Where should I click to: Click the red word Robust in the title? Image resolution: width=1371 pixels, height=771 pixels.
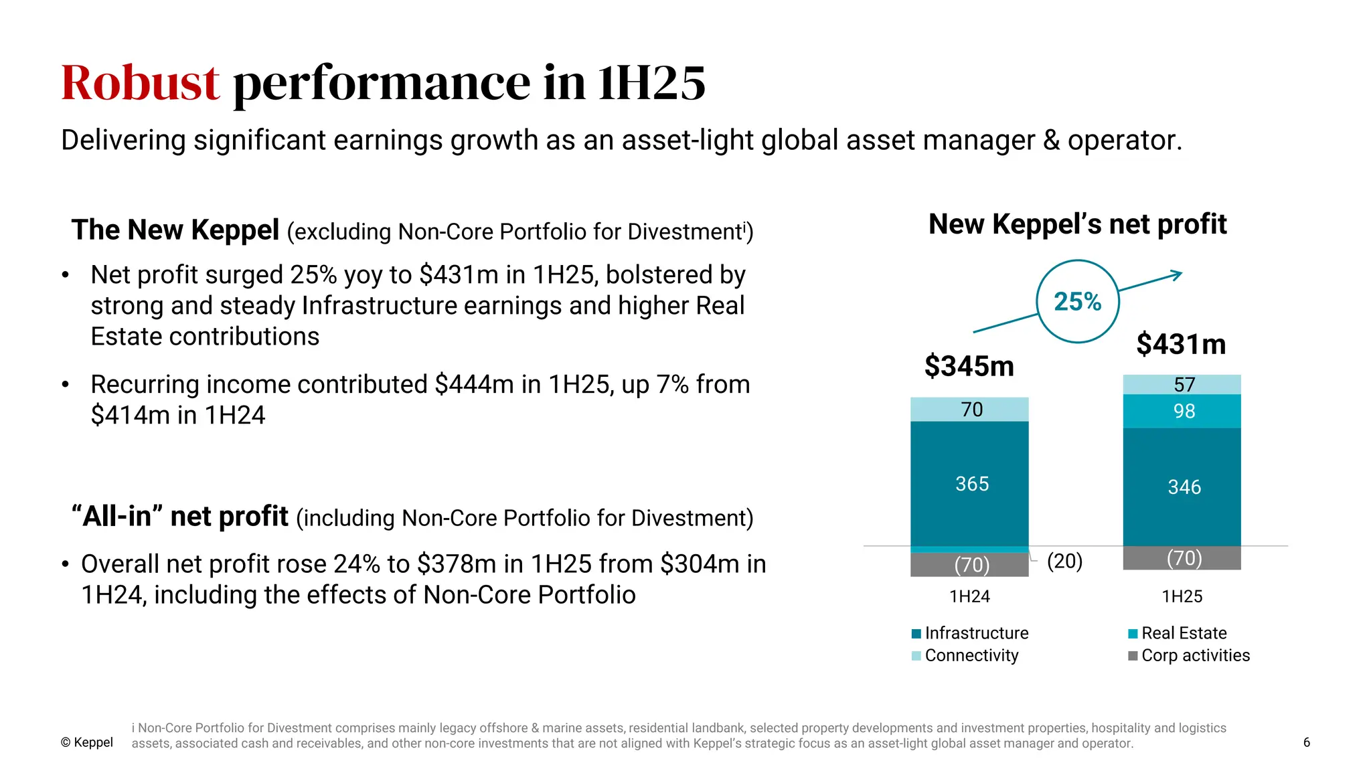coord(140,83)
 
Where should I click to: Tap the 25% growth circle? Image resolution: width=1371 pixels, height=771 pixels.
coord(1077,302)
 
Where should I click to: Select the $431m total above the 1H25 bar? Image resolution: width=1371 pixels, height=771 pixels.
coord(1181,344)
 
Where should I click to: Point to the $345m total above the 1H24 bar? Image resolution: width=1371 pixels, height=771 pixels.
coord(969,366)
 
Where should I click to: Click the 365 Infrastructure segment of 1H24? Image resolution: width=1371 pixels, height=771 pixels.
coord(971,484)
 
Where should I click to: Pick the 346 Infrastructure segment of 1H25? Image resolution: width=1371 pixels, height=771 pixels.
coord(1184,487)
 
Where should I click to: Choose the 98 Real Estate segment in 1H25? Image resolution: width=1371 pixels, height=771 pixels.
coord(1184,411)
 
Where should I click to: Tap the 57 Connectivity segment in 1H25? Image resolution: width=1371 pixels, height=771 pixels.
coord(1184,385)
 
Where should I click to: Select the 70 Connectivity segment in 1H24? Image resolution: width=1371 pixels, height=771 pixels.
coord(971,410)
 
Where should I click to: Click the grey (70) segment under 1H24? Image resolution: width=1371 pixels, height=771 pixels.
coord(971,565)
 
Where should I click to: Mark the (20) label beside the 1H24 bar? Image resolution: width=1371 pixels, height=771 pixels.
coord(1064,561)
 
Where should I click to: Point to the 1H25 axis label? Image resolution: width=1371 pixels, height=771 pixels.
coord(1182,596)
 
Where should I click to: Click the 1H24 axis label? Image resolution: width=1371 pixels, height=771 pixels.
coord(969,596)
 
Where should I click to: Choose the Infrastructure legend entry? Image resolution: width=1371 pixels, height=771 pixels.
coord(970,633)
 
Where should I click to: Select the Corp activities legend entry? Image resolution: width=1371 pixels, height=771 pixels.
coord(1189,655)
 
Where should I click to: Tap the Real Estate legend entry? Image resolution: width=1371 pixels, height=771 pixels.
coord(1178,633)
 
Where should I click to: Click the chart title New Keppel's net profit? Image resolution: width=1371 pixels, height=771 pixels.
coord(1077,224)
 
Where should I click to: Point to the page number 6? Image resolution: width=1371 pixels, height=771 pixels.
coord(1306,742)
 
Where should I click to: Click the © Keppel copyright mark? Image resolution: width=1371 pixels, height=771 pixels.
coord(87,742)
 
